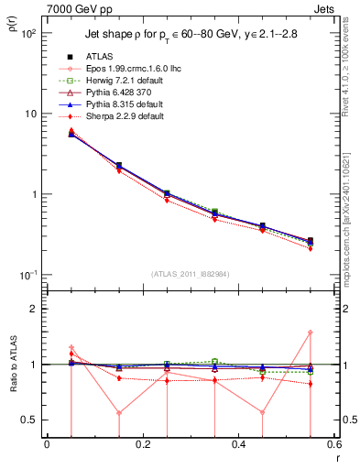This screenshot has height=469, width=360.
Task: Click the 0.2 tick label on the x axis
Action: pos(142,445)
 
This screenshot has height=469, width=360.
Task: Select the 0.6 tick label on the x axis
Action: pos(333,445)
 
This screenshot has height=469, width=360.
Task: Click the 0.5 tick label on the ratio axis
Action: pos(30,420)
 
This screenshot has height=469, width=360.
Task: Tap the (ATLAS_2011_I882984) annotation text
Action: pos(190,274)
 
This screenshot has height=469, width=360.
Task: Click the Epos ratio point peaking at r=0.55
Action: pos(310,333)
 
